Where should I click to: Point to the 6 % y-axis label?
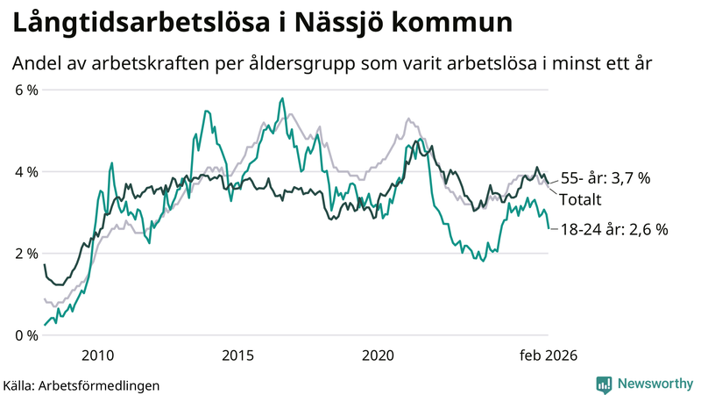[x=25, y=90]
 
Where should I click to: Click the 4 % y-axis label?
[x=25, y=172]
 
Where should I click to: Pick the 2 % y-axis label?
[x=25, y=254]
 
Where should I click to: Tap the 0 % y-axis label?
[x=25, y=335]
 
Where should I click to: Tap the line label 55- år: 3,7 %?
[x=605, y=178]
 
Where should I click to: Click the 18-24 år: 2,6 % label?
[x=613, y=230]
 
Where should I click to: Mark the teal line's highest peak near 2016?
[x=281, y=98]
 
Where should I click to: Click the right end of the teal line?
[x=549, y=228]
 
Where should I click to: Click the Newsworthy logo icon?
[x=604, y=384]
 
